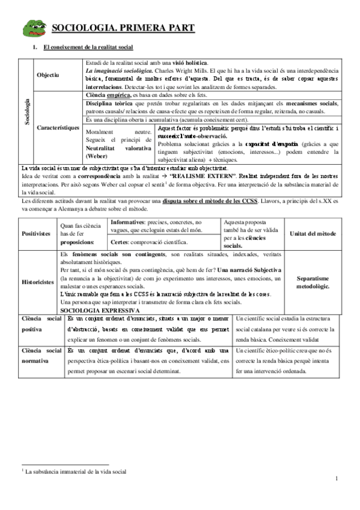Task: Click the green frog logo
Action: (34, 27)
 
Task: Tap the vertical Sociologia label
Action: (26, 112)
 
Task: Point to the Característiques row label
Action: (58, 128)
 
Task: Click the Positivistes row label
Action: (36, 233)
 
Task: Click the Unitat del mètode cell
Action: (313, 233)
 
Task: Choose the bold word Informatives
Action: (130, 222)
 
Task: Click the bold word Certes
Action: (121, 242)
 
